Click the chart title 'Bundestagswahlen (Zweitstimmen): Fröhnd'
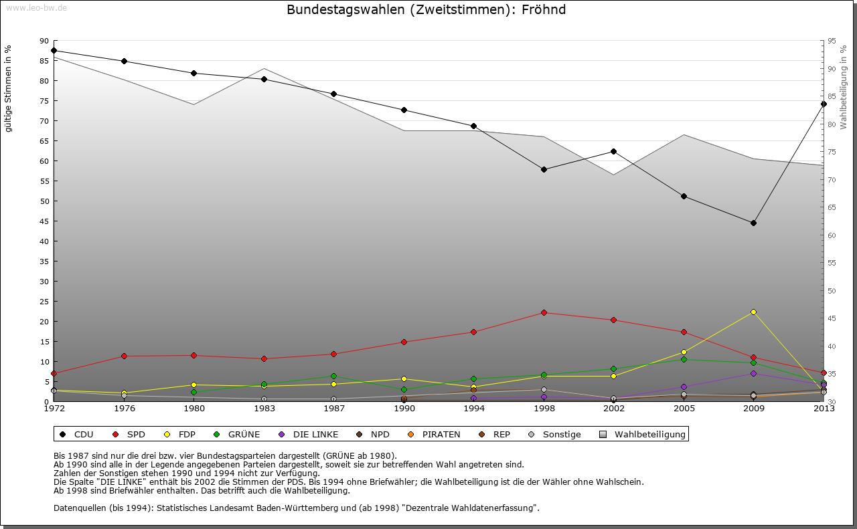pos(426,10)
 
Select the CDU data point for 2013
pos(824,104)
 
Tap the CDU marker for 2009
pos(753,223)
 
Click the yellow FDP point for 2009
pos(753,312)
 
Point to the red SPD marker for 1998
pos(544,312)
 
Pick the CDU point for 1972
pos(54,50)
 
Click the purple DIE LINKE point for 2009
pos(753,373)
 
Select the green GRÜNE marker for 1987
pos(333,376)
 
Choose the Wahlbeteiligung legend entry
pos(643,435)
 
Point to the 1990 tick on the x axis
pos(404,408)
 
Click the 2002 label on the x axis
pos(613,408)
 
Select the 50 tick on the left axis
pos(44,201)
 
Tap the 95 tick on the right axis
pos(832,41)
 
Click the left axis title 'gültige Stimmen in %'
pos(9,89)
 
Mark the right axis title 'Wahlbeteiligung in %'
pos(844,88)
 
